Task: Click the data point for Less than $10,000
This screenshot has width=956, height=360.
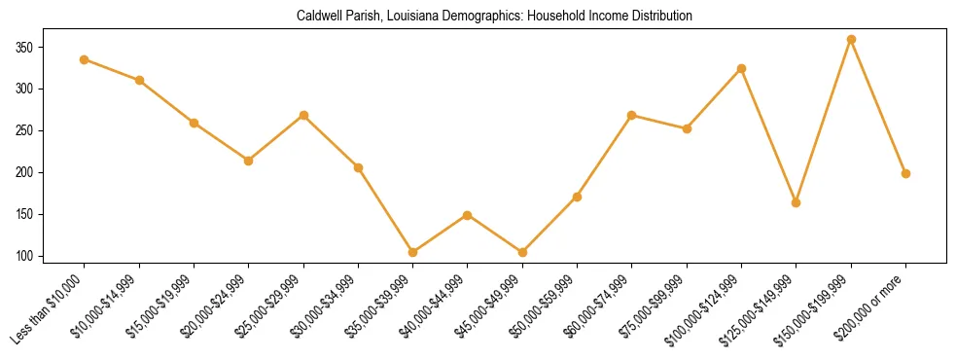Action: [x=85, y=59]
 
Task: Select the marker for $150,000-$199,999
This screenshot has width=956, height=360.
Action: [x=851, y=40]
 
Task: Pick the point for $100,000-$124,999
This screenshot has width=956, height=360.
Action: [x=742, y=68]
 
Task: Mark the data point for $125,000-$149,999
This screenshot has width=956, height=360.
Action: [x=797, y=202]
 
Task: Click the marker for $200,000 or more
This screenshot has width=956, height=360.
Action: [x=906, y=173]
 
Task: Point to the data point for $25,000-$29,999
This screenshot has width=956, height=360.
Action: [x=303, y=115]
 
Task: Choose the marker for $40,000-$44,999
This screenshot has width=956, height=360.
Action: [x=468, y=215]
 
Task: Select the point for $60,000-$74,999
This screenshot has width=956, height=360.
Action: [x=632, y=115]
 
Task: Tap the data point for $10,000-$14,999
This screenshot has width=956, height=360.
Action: [x=139, y=80]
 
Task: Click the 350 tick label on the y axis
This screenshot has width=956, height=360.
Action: [x=51, y=47]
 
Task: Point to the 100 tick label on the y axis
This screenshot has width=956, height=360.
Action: [x=51, y=256]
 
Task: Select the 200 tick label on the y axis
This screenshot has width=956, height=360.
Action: [x=51, y=172]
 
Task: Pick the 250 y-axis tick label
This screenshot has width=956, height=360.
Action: [x=51, y=130]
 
